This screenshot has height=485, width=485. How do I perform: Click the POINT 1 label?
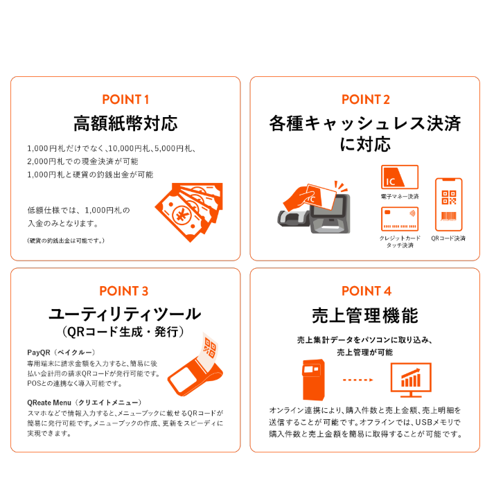125,99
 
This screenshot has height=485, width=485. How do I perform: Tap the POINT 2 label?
365,99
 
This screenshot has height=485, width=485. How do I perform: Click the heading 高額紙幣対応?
125,124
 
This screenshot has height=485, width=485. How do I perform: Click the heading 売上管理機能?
366,316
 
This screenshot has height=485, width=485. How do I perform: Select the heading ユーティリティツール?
125,314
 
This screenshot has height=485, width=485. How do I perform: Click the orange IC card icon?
400,177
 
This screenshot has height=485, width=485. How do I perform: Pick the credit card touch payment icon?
400,219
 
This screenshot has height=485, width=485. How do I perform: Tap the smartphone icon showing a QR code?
448,205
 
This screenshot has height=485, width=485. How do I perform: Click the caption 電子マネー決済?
400,197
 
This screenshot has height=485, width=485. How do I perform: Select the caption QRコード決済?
448,238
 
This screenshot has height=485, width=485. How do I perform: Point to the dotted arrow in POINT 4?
358,380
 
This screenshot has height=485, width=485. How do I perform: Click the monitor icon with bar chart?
411,378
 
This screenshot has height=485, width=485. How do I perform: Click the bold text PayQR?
37,353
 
